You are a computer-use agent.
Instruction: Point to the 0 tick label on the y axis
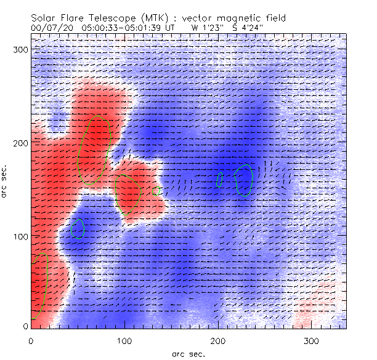click(25, 326)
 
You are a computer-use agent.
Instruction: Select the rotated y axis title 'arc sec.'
click(6, 182)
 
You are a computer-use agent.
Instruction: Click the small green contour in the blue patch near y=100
click(78, 228)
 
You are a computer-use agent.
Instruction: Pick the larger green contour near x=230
click(244, 180)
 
